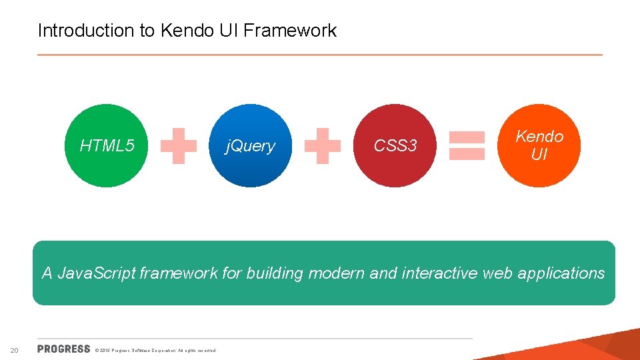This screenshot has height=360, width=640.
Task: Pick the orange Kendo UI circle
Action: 539,145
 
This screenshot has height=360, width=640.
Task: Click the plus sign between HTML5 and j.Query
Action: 179,146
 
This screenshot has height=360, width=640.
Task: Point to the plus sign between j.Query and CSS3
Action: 323,146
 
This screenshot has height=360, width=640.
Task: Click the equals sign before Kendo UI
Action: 467,146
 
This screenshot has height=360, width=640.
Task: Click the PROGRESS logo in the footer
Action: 64,349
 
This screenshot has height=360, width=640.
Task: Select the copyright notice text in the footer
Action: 155,350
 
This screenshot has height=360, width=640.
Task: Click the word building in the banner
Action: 274,273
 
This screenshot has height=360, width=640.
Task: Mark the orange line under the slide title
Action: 320,55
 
